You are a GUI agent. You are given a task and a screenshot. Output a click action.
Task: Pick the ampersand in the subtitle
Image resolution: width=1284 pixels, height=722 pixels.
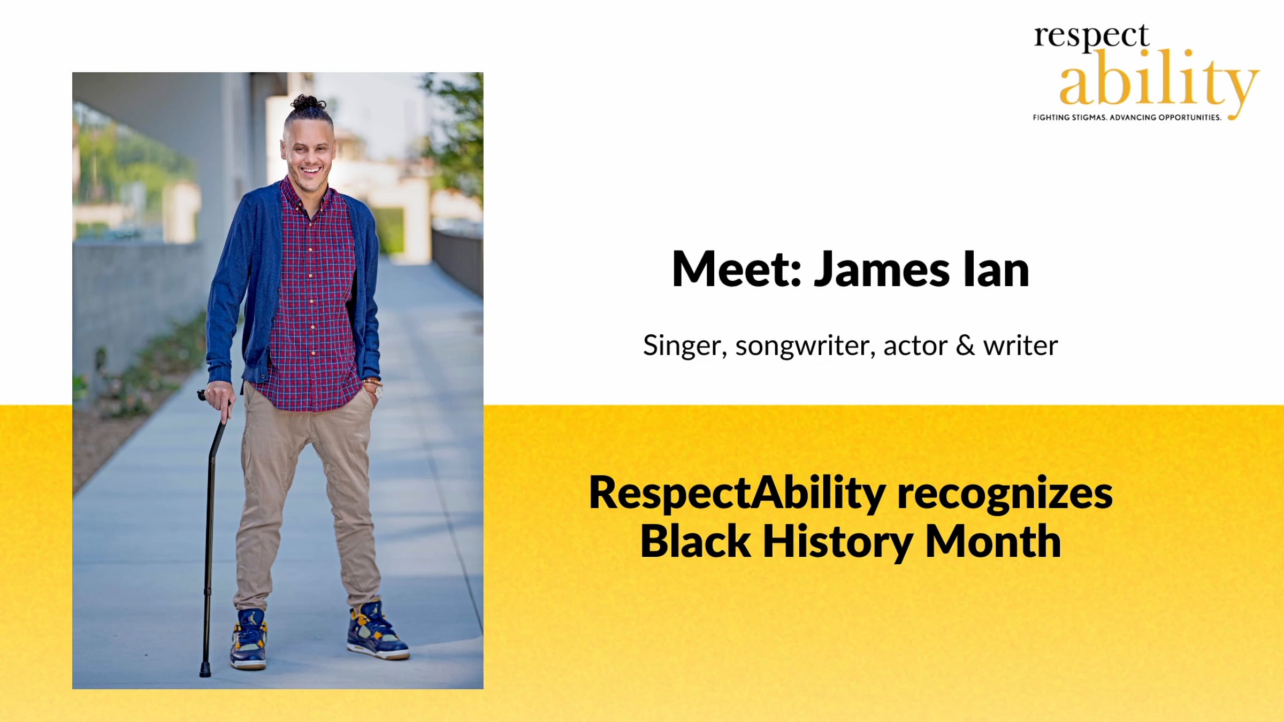pyautogui.click(x=965, y=345)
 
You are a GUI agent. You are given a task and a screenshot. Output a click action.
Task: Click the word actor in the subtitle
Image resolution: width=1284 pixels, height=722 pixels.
pyautogui.click(x=915, y=346)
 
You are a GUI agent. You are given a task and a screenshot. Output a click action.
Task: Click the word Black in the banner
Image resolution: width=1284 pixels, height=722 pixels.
pyautogui.click(x=695, y=541)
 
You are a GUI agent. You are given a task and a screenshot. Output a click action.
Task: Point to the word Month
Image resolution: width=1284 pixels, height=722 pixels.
pyautogui.click(x=993, y=541)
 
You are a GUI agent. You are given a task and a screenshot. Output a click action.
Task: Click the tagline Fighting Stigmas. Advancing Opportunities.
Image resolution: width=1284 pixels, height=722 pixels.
pyautogui.click(x=1127, y=117)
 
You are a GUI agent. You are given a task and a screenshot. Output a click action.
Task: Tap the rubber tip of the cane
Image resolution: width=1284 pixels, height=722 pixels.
pyautogui.click(x=205, y=670)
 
